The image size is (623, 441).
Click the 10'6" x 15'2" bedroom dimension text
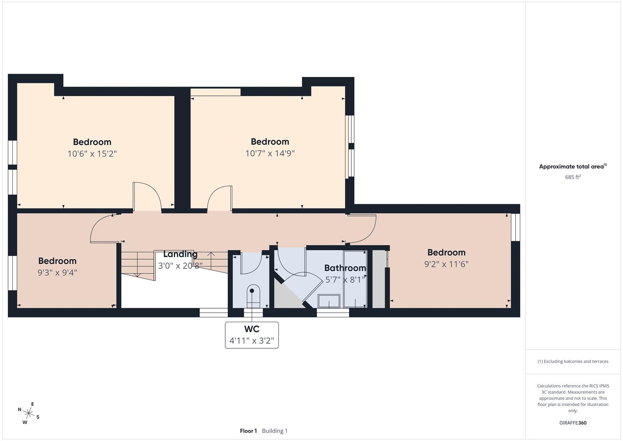(x=92, y=154)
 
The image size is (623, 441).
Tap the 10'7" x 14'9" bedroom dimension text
(x=270, y=154)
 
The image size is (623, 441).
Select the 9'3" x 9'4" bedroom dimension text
(x=57, y=272)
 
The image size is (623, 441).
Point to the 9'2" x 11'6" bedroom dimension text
(x=446, y=264)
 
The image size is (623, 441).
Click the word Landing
(x=180, y=254)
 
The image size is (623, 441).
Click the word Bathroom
(x=345, y=268)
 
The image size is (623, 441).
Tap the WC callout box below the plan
(x=252, y=335)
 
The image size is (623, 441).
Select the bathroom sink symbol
(x=329, y=301)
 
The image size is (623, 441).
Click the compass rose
(x=29, y=413)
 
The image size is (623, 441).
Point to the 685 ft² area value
(x=573, y=177)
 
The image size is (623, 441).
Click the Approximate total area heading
(x=572, y=167)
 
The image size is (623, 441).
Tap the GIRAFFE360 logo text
(x=573, y=423)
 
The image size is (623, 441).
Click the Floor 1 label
(x=248, y=431)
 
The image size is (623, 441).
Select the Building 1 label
(x=275, y=431)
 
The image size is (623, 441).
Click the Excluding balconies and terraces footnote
(x=573, y=361)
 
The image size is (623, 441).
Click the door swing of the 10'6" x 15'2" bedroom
(x=147, y=196)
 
